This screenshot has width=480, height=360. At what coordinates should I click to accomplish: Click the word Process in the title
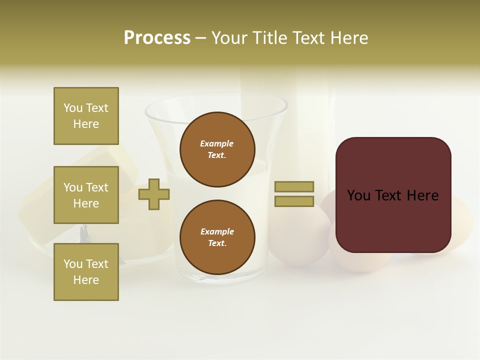[157, 37]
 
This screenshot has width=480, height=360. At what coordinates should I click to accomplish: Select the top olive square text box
[86, 116]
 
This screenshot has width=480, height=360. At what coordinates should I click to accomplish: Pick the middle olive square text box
[86, 195]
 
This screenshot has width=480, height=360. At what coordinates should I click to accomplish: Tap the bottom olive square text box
[86, 272]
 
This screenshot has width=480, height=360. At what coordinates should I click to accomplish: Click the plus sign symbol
[154, 193]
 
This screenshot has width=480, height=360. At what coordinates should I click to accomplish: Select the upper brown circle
[217, 149]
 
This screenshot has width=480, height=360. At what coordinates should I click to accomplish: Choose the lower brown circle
[217, 237]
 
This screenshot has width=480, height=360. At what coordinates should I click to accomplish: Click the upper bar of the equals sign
[294, 186]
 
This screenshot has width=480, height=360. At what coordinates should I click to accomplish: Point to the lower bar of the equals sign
[294, 201]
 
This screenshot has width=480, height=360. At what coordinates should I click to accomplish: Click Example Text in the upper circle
[217, 149]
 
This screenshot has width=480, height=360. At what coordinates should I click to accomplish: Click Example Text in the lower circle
[217, 237]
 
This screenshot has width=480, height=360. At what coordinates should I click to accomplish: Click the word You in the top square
[72, 108]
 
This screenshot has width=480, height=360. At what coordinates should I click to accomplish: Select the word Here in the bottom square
[86, 280]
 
